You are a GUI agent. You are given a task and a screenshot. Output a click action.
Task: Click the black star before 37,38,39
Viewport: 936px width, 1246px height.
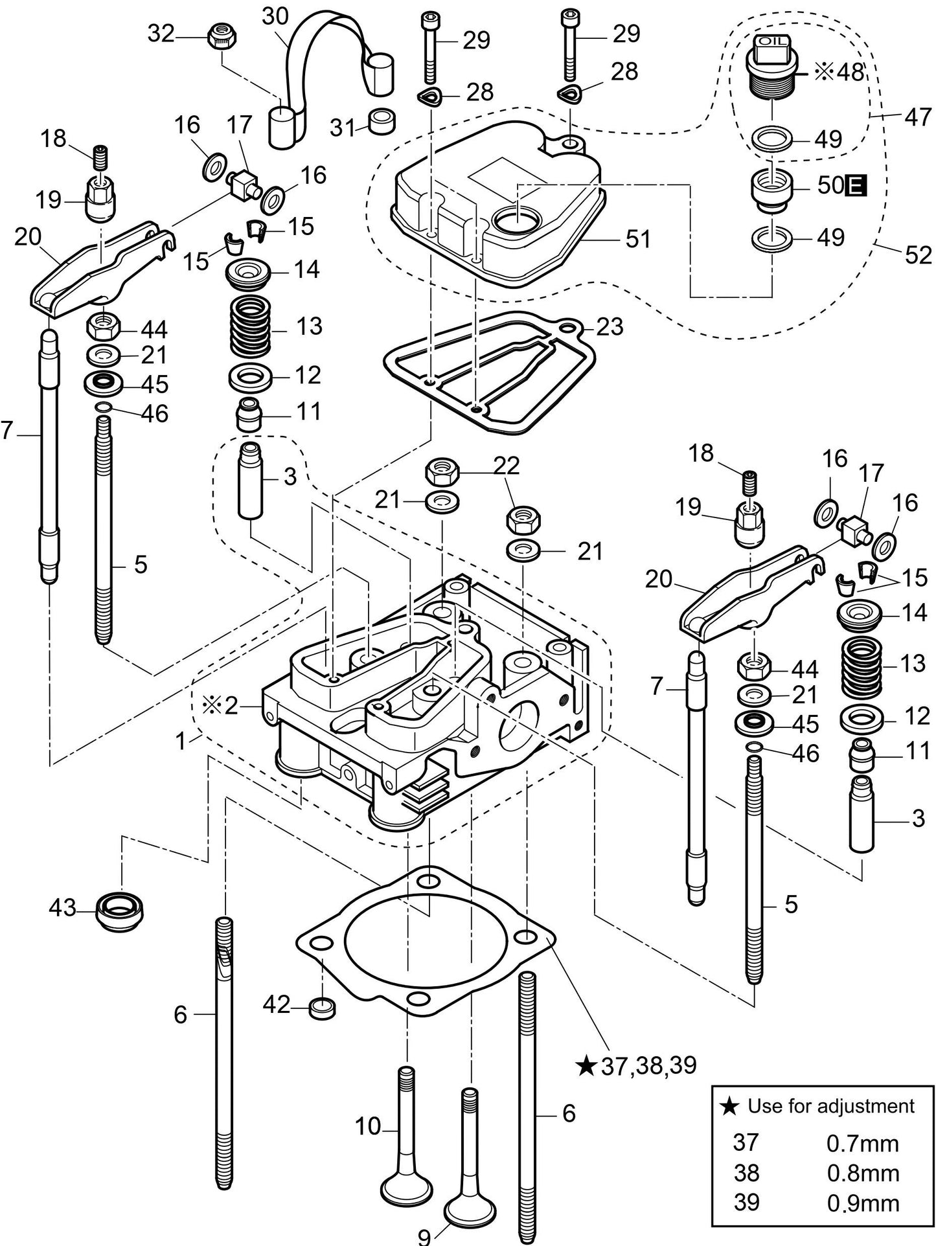586,1065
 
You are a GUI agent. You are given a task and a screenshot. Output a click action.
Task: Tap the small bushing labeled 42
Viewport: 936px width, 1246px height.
323,1008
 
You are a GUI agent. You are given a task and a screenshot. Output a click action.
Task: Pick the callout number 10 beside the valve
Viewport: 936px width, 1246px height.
367,1126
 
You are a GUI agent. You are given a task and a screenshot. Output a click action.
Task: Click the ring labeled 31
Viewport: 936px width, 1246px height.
382,121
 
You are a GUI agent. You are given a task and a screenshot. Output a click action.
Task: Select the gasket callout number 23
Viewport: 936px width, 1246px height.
610,326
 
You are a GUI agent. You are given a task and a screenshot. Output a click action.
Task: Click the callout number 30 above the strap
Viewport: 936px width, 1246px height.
275,17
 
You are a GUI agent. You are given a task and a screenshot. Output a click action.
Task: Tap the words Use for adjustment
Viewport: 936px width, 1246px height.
830,1105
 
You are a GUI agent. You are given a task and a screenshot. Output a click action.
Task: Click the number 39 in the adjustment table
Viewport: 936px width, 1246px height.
746,1202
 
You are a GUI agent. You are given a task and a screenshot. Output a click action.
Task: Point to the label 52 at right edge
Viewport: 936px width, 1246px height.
918,255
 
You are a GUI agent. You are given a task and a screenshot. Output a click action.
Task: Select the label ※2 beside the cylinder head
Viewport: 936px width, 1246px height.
223,705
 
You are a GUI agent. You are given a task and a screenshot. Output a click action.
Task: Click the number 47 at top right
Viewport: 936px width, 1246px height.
917,118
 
